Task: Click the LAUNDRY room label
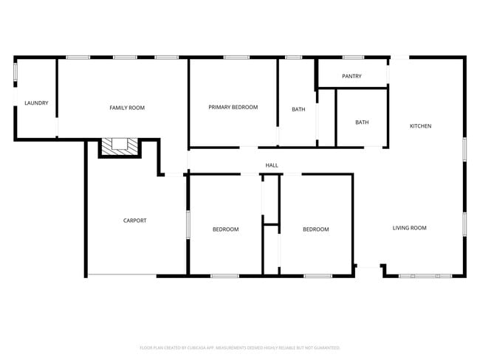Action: point(36,103)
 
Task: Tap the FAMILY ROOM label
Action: point(127,108)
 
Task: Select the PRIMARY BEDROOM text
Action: point(233,108)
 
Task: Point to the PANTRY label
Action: point(351,77)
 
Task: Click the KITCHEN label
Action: point(420,126)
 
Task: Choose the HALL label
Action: point(272,165)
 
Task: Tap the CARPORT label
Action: point(134,221)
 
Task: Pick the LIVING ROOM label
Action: point(409,228)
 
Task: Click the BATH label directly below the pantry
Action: point(362,122)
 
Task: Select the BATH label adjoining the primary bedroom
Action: point(298,110)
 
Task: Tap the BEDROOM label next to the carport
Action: point(225,229)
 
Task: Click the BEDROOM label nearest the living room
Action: point(315,229)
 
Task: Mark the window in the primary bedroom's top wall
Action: point(236,57)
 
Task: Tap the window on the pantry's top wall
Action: point(353,57)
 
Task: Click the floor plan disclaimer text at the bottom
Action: point(240,347)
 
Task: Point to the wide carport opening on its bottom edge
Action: point(122,276)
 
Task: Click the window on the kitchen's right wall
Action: point(464,148)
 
